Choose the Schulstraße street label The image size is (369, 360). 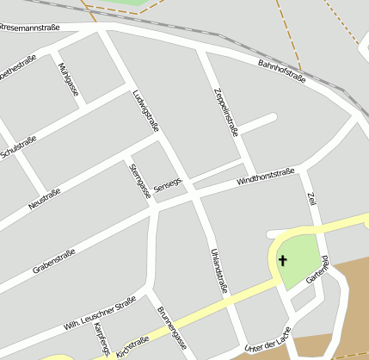19,147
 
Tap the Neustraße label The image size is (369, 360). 45,198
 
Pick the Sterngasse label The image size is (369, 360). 139,181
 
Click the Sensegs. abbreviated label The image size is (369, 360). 169,184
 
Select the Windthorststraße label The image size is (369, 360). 266,177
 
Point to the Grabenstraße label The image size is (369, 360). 53,262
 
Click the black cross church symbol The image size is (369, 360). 281,259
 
